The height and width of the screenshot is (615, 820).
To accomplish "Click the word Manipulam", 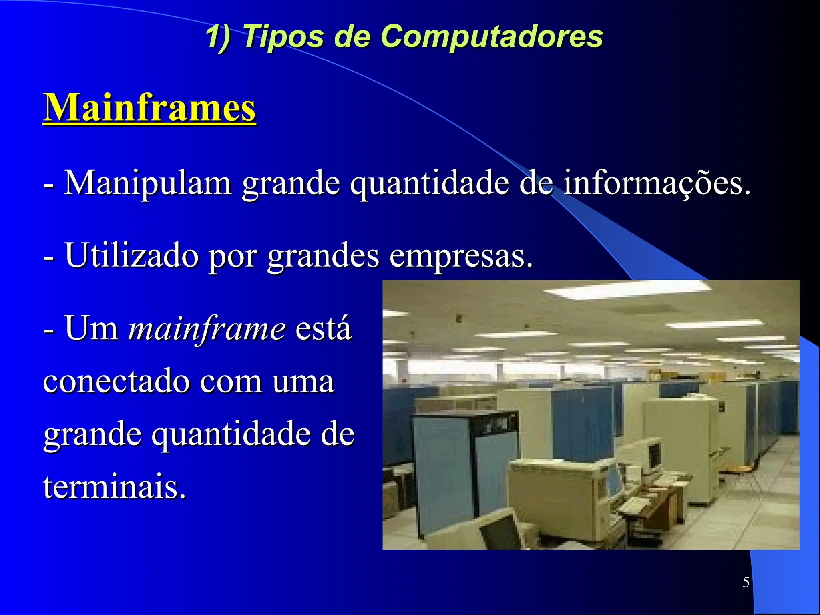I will [x=148, y=183].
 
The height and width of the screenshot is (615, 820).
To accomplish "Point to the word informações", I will [x=656, y=183].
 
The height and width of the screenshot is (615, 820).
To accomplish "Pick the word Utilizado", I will [x=132, y=255].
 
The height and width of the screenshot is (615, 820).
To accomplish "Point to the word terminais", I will [x=115, y=486].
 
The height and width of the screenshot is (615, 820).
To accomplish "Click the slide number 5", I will [x=746, y=582].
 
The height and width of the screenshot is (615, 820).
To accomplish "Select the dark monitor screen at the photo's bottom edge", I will [x=500, y=533].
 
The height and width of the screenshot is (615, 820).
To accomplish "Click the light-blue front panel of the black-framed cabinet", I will [x=442, y=476].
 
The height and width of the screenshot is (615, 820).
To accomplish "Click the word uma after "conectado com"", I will [x=303, y=381].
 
